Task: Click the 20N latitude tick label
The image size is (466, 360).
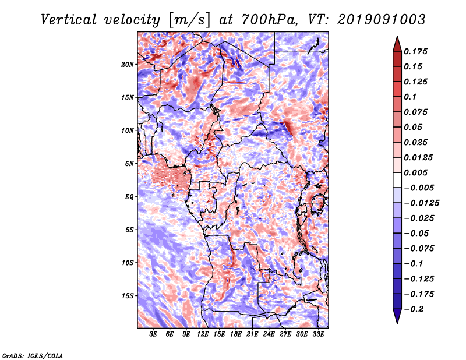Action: [x=128, y=65]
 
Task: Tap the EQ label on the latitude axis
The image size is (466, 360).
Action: [x=129, y=197]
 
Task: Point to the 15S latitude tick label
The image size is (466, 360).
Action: [x=128, y=296]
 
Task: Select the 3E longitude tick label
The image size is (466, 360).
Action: [x=153, y=334]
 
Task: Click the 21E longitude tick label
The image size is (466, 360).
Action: [x=252, y=334]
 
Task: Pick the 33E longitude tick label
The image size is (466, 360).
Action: [x=318, y=334]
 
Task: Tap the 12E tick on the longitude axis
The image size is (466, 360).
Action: [x=203, y=334]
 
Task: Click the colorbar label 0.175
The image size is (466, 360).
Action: [x=415, y=51]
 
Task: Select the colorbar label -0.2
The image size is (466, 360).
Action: [x=414, y=309]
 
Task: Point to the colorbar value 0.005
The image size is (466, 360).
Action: [x=415, y=172]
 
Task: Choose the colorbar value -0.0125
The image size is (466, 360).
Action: [x=421, y=203]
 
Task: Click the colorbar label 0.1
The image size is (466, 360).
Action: [x=410, y=97]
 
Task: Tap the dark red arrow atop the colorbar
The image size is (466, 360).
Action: [x=397, y=44]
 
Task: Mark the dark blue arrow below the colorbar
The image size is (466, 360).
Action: [x=397, y=316]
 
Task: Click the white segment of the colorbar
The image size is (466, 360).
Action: [x=397, y=180]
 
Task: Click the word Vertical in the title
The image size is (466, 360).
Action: [x=68, y=20]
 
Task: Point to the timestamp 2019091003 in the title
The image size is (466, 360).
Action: [x=382, y=20]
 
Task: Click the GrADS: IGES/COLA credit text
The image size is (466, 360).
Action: [x=33, y=355]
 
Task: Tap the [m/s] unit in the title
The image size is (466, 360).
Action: [x=190, y=20]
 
